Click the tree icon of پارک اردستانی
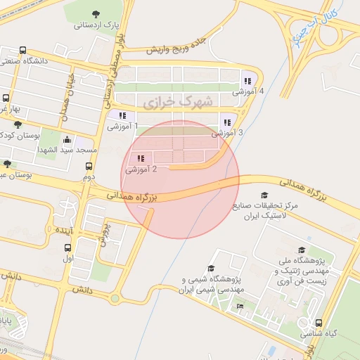coord(96,14)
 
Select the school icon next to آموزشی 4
coord(247,80)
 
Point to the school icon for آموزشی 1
coord(122,115)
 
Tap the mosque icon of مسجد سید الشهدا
coord(67,139)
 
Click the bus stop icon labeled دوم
coord(89,167)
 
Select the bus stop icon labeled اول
coord(67,247)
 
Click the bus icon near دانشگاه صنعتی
coord(23,51)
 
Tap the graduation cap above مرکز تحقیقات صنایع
coord(264,195)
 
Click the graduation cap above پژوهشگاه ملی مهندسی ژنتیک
coord(302,250)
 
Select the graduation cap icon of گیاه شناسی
coord(321,323)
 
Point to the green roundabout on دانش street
coord(115,299)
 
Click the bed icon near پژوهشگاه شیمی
coord(240,306)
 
